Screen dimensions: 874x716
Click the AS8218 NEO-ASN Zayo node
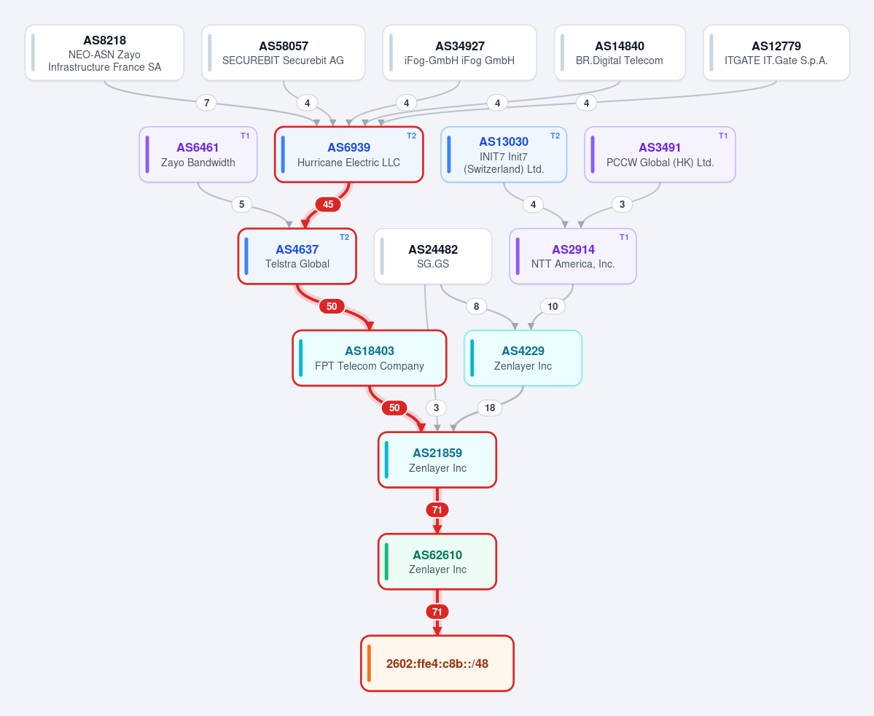click(104, 53)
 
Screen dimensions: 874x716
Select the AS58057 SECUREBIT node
click(283, 53)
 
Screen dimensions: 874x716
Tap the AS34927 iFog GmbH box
click(459, 53)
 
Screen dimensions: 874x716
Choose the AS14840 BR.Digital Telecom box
click(620, 53)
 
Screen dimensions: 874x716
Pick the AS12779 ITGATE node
click(776, 53)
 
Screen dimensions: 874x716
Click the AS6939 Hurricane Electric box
click(349, 155)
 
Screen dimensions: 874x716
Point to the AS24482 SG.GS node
click(433, 257)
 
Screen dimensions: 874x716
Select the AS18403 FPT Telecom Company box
click(370, 358)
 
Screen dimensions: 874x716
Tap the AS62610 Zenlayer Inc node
click(437, 561)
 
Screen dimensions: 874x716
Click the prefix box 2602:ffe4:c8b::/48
click(437, 664)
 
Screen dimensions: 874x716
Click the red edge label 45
click(328, 204)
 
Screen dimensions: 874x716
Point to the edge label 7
click(207, 103)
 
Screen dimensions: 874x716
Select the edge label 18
click(490, 408)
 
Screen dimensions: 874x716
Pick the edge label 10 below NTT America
click(553, 306)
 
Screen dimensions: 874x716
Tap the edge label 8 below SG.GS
click(476, 306)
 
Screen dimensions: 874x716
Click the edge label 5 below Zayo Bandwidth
click(241, 204)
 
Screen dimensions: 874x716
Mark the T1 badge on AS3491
click(723, 136)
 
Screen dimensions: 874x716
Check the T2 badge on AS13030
click(555, 136)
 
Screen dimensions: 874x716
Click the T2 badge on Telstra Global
click(345, 237)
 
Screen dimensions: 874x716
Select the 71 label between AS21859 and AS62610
click(437, 510)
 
